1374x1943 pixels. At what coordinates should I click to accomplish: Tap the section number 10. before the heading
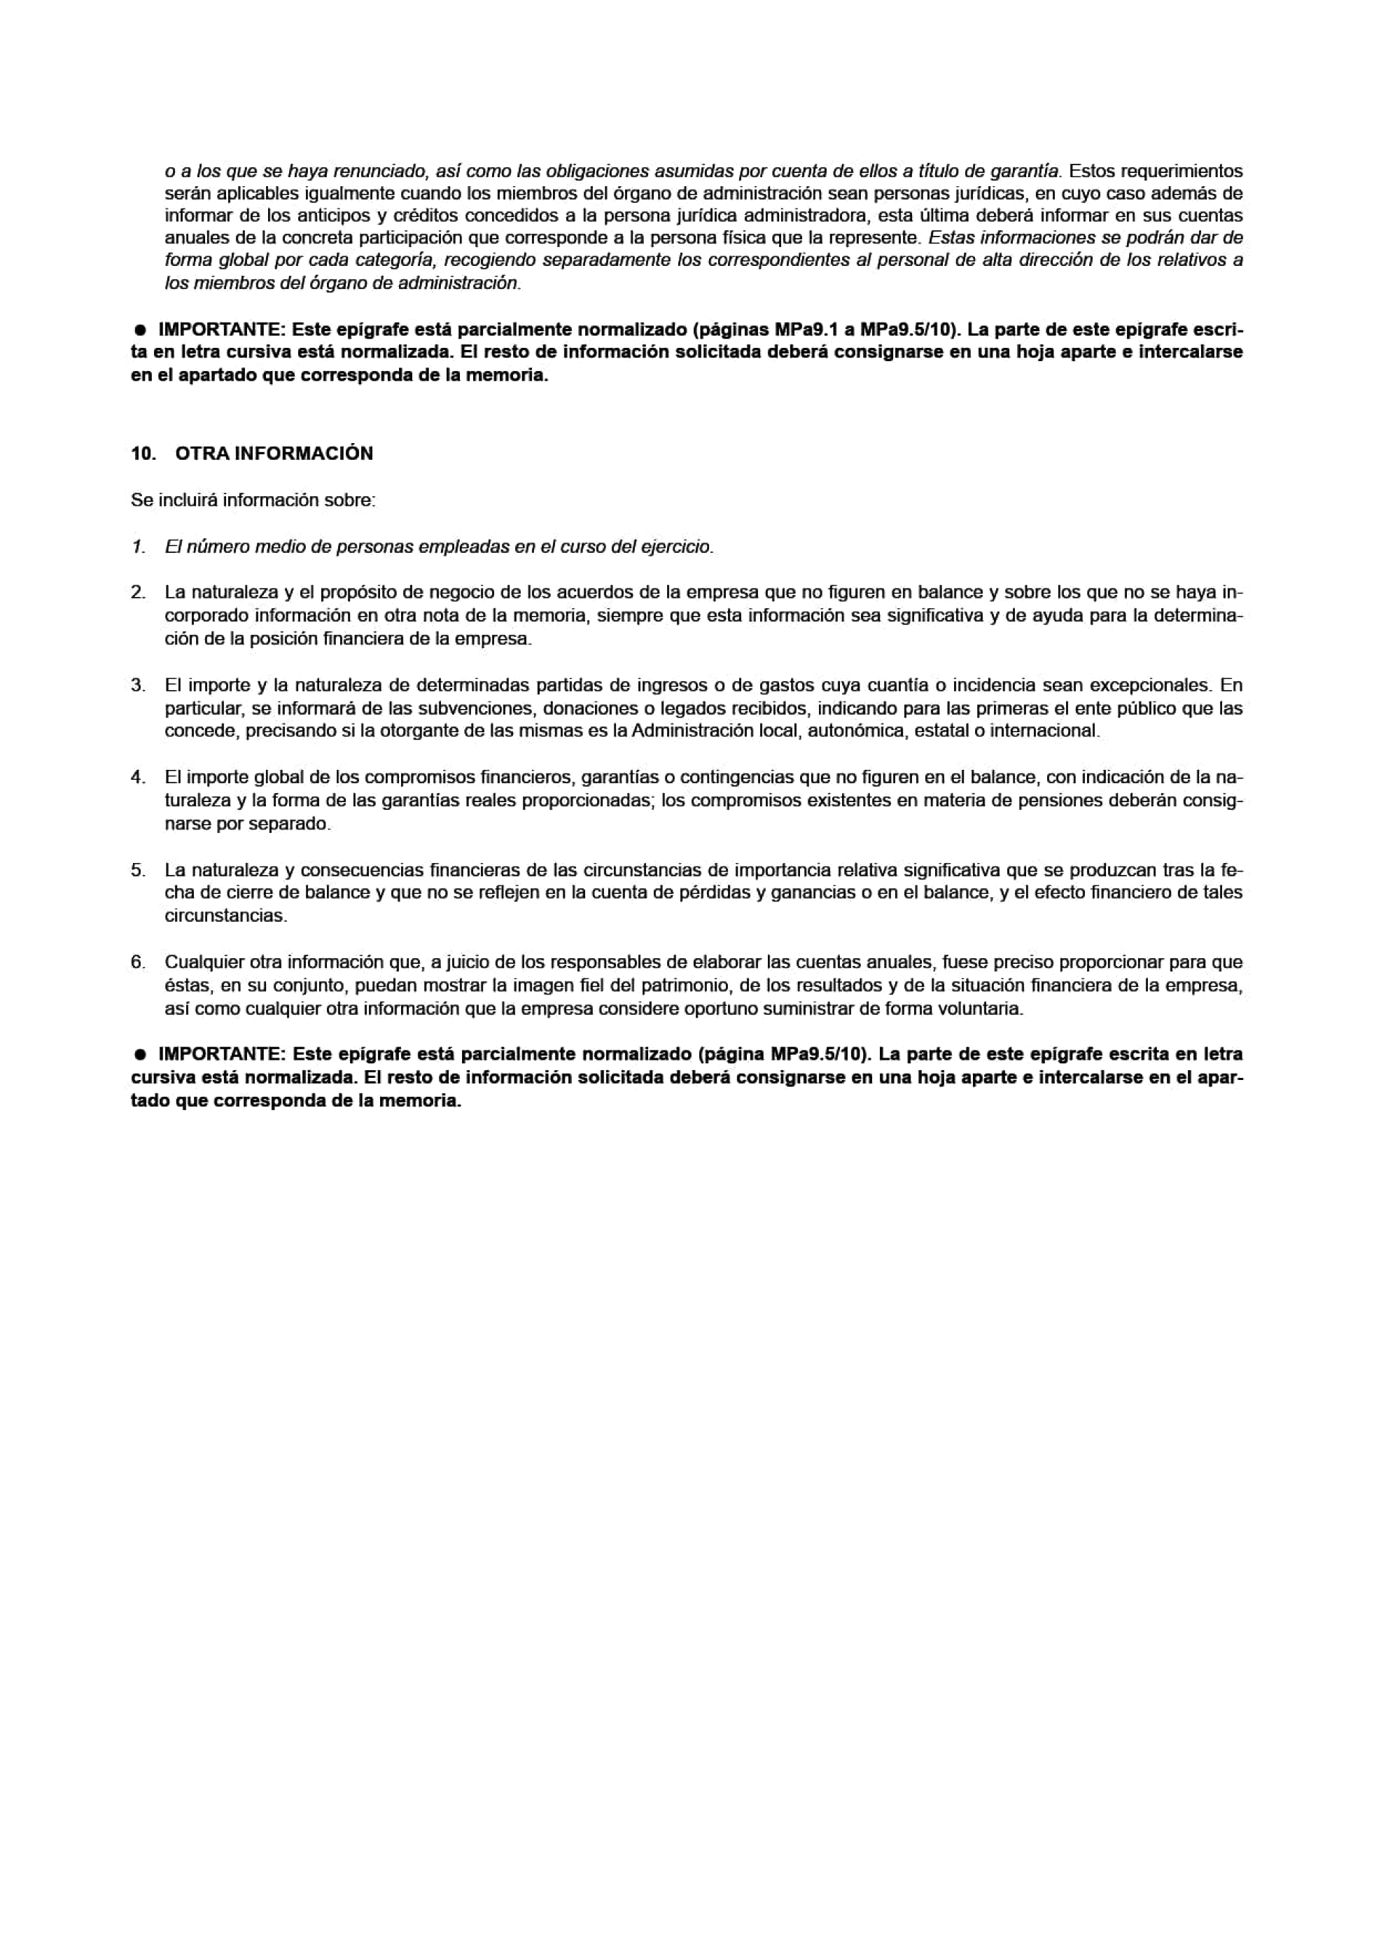point(143,454)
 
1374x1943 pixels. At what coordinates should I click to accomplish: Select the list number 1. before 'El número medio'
point(138,547)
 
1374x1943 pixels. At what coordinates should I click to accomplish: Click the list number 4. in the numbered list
point(138,777)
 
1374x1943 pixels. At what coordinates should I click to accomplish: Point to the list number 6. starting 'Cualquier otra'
point(138,962)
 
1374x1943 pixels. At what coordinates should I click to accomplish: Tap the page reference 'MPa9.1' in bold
point(801,328)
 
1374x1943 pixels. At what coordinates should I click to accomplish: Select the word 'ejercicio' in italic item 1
point(676,547)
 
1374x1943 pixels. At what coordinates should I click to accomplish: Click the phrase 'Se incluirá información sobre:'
point(253,500)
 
